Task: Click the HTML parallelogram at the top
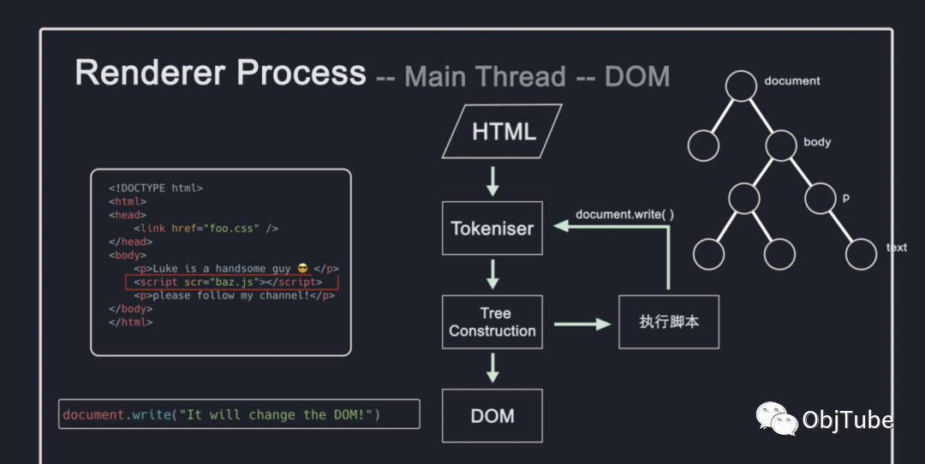tap(502, 131)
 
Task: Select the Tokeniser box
tap(492, 229)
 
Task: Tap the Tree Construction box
tap(492, 322)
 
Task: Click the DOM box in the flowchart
tap(492, 416)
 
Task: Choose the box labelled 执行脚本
tap(669, 322)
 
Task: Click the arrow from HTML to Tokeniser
tap(492, 181)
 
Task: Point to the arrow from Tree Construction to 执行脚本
tap(582, 324)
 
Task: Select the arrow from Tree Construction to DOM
tap(492, 368)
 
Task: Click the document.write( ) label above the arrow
tap(624, 215)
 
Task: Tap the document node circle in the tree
tap(741, 86)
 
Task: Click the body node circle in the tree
tap(781, 146)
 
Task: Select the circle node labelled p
tap(820, 198)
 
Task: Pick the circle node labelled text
tap(861, 254)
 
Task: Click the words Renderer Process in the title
tap(221, 73)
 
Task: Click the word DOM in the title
tap(637, 77)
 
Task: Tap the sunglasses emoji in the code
tap(303, 268)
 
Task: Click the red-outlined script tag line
tap(232, 283)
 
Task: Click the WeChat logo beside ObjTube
tap(776, 419)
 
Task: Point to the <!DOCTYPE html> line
tap(156, 188)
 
